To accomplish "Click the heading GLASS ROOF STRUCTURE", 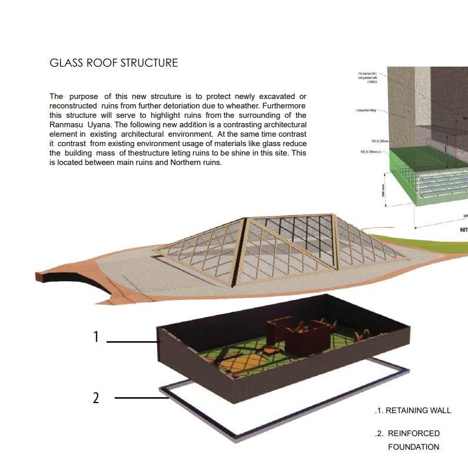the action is [x=114, y=63].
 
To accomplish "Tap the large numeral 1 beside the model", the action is [x=96, y=337].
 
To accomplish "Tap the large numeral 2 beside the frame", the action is [x=96, y=398].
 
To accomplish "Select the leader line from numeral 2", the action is [x=141, y=398].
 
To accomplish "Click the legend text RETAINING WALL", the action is [x=418, y=411].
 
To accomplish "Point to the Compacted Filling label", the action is [x=366, y=110].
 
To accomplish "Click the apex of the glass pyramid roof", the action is [x=247, y=219].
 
